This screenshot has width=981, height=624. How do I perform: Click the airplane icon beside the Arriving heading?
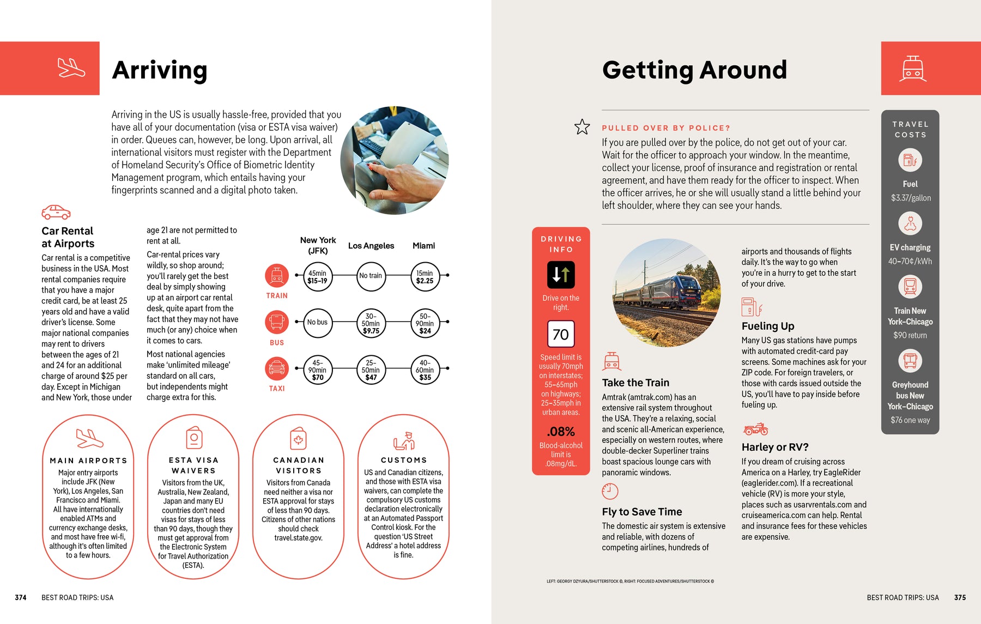(x=71, y=68)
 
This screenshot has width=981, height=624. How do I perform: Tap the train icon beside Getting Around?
(x=913, y=69)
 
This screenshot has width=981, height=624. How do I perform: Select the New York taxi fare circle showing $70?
(x=317, y=369)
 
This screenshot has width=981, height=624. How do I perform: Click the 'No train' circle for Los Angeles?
(x=371, y=276)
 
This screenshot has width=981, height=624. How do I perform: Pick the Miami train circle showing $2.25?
(x=425, y=277)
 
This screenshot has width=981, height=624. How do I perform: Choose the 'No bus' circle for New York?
(x=317, y=322)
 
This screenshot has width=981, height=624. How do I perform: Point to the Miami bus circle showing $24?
(x=425, y=323)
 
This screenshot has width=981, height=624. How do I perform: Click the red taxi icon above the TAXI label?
(x=277, y=368)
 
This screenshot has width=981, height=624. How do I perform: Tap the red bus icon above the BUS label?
(x=277, y=322)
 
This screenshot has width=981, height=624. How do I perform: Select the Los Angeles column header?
(x=371, y=246)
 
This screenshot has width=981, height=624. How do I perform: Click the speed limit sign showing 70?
(x=561, y=334)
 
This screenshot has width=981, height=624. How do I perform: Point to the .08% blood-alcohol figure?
(x=561, y=432)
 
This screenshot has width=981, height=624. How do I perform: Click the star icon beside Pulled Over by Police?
(x=582, y=127)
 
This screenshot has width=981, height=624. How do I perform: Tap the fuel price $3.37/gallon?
(x=911, y=198)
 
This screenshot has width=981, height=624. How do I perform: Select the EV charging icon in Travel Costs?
(x=910, y=223)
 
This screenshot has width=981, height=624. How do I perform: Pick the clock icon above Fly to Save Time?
(x=610, y=491)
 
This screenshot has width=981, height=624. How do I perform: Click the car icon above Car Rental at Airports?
(x=56, y=212)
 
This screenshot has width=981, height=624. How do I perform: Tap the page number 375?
(x=960, y=597)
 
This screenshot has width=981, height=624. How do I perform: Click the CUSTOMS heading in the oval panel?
(x=404, y=460)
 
